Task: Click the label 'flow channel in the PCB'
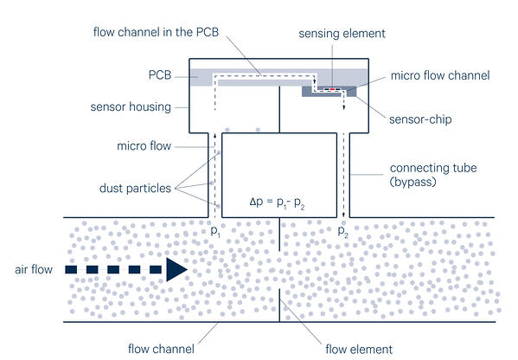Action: (156, 32)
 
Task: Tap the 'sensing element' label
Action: (342, 34)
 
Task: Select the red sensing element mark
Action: (332, 89)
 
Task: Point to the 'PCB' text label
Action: (160, 75)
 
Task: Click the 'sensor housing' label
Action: (131, 107)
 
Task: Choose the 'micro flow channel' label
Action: (440, 75)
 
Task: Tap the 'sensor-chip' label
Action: (420, 119)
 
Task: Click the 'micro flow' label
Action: (144, 146)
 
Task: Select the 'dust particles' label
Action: (135, 188)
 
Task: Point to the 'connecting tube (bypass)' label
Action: (433, 175)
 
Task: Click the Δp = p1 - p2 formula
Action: (277, 202)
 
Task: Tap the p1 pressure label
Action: (215, 231)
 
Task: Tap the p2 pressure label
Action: (343, 231)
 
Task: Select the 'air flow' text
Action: (34, 269)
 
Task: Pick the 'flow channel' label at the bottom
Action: (161, 349)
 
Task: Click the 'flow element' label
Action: (359, 349)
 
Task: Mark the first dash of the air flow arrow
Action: (71, 269)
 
